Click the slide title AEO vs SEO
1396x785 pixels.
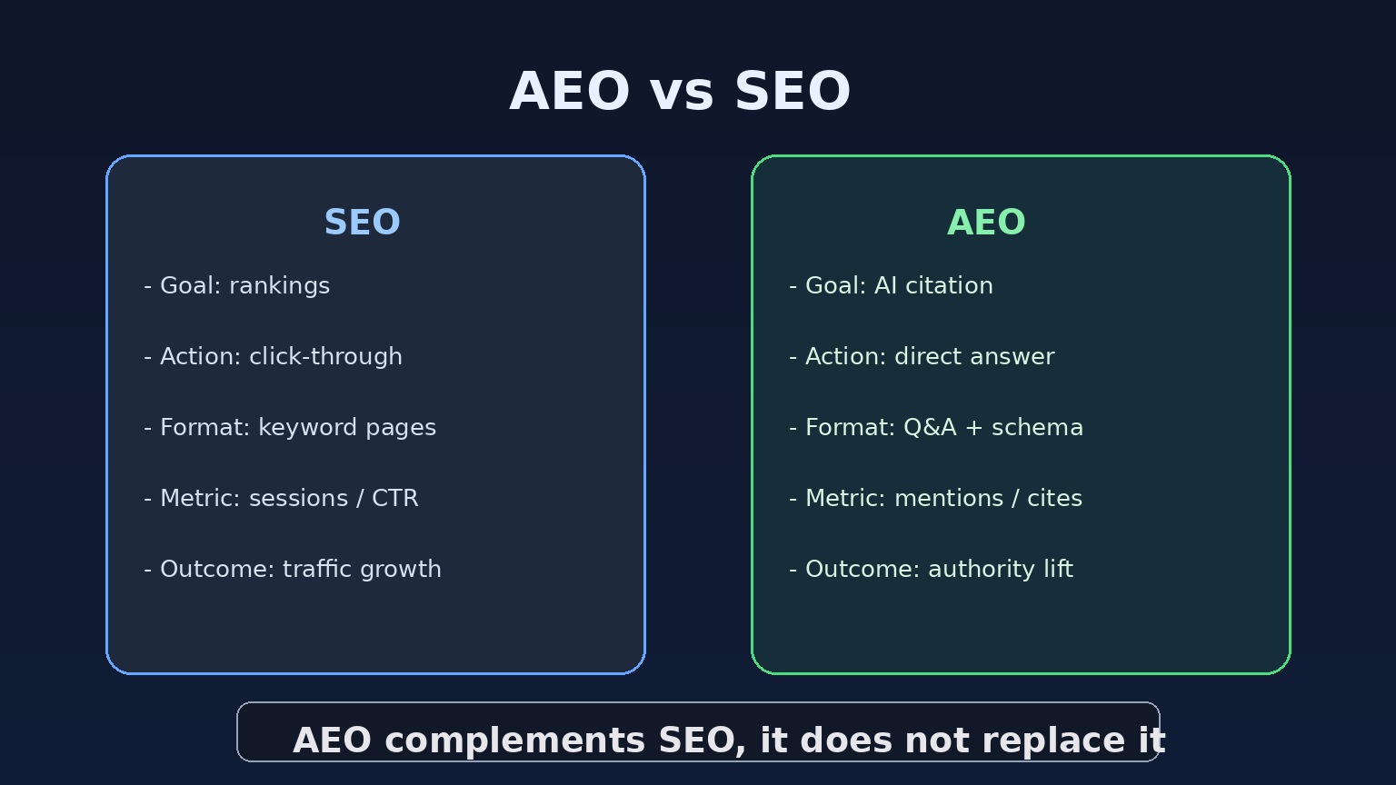(x=680, y=92)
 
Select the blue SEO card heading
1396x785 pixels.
(x=362, y=223)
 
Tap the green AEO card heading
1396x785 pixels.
(x=986, y=223)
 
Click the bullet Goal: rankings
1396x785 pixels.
(x=237, y=286)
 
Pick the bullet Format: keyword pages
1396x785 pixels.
(x=290, y=428)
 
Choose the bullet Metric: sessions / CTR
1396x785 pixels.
(x=281, y=499)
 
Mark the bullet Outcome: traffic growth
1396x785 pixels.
(x=293, y=570)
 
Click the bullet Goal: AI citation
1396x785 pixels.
(x=891, y=286)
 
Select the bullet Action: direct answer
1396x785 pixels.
(x=922, y=357)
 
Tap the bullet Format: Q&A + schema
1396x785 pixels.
(x=936, y=428)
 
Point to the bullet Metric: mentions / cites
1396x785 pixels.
(x=935, y=499)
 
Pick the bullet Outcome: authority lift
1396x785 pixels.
(x=931, y=570)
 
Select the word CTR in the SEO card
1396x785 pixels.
(x=395, y=499)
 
